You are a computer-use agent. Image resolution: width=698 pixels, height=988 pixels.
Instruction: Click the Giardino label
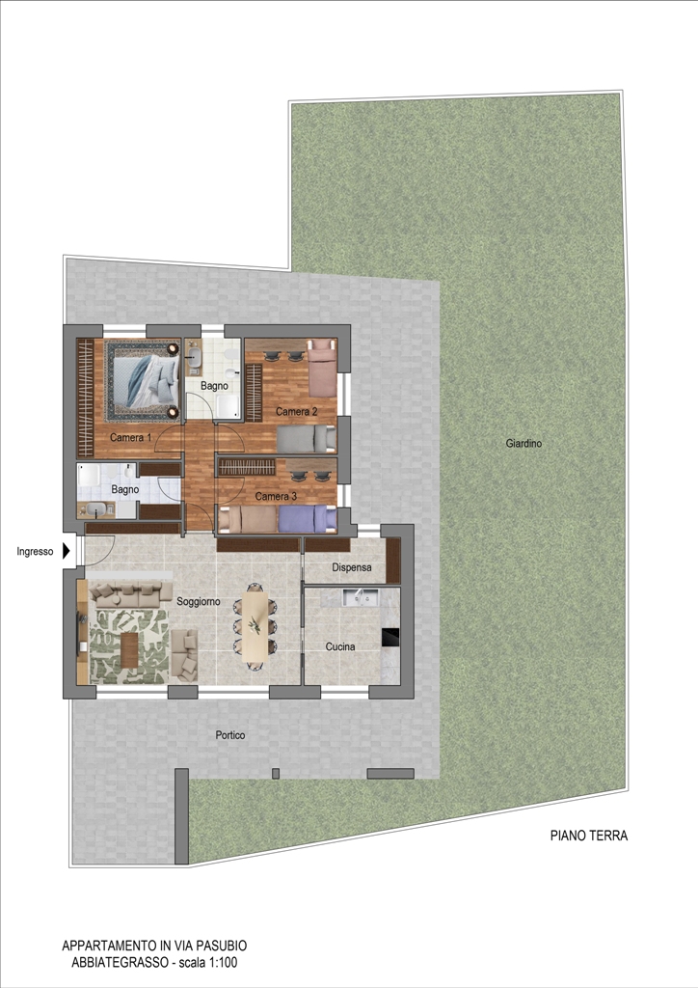[523, 443]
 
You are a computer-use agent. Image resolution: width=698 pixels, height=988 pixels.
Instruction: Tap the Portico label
[230, 734]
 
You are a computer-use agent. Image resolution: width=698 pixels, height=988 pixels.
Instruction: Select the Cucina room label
[340, 646]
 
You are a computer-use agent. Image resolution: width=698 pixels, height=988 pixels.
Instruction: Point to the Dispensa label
[352, 567]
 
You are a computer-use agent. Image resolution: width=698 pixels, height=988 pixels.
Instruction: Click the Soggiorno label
[199, 601]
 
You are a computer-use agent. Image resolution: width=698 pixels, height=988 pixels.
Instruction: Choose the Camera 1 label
[131, 437]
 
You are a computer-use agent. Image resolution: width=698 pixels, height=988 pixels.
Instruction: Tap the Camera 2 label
[296, 411]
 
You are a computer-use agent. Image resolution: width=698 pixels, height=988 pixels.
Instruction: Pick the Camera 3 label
[276, 496]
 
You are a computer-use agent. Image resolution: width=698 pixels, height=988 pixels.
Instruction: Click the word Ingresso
[36, 551]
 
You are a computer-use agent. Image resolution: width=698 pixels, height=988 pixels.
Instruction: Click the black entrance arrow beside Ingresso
[67, 551]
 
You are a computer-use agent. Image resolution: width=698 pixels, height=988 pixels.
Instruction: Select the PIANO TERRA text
[589, 836]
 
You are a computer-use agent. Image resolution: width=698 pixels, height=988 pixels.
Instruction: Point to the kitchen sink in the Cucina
[360, 596]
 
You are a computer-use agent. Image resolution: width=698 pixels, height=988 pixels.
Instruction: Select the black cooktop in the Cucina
[390, 637]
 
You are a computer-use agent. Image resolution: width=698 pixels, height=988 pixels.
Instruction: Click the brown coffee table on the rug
[129, 649]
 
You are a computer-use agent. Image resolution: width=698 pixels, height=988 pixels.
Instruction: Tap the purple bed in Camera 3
[308, 520]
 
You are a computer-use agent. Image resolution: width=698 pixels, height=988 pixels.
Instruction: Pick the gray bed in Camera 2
[307, 439]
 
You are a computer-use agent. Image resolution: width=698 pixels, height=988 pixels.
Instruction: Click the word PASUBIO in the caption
[221, 946]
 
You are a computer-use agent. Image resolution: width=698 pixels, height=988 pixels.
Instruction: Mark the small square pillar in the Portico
[275, 773]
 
